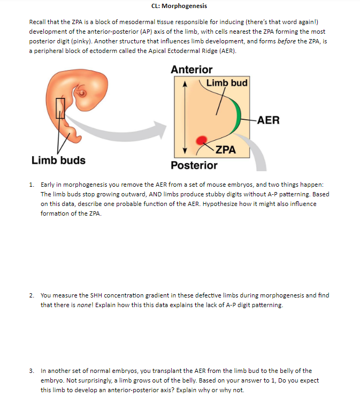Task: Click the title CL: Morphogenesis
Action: click(179, 6)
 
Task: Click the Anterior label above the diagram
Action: click(192, 70)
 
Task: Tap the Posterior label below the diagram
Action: click(194, 165)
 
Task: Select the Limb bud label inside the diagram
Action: click(227, 83)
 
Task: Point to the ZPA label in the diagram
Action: click(226, 149)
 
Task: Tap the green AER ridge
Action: click(237, 116)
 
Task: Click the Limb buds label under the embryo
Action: click(58, 160)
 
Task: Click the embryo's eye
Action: click(82, 96)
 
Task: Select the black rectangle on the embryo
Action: click(60, 108)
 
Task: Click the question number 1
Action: click(32, 185)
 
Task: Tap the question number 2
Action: click(32, 295)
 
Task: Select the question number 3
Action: click(32, 370)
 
